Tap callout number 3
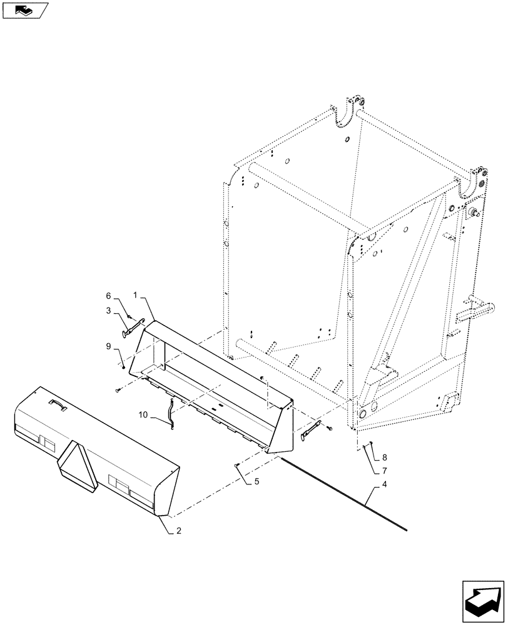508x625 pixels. pos(108,310)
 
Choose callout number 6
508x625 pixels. pos(108,296)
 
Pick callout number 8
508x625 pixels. pos(384,458)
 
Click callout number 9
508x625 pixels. pos(108,346)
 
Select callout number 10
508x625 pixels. pos(143,415)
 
